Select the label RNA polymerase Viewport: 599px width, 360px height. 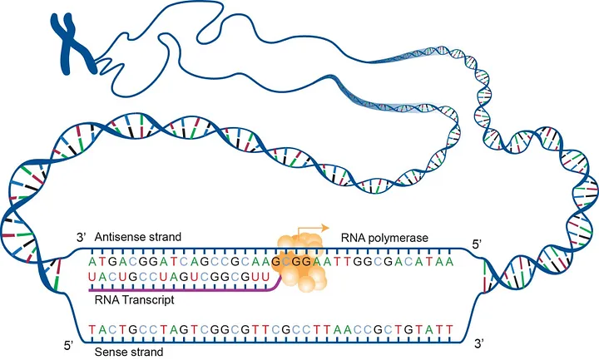click(384, 238)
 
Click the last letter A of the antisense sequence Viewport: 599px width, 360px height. click(473, 261)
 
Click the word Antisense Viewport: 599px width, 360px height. click(121, 238)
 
